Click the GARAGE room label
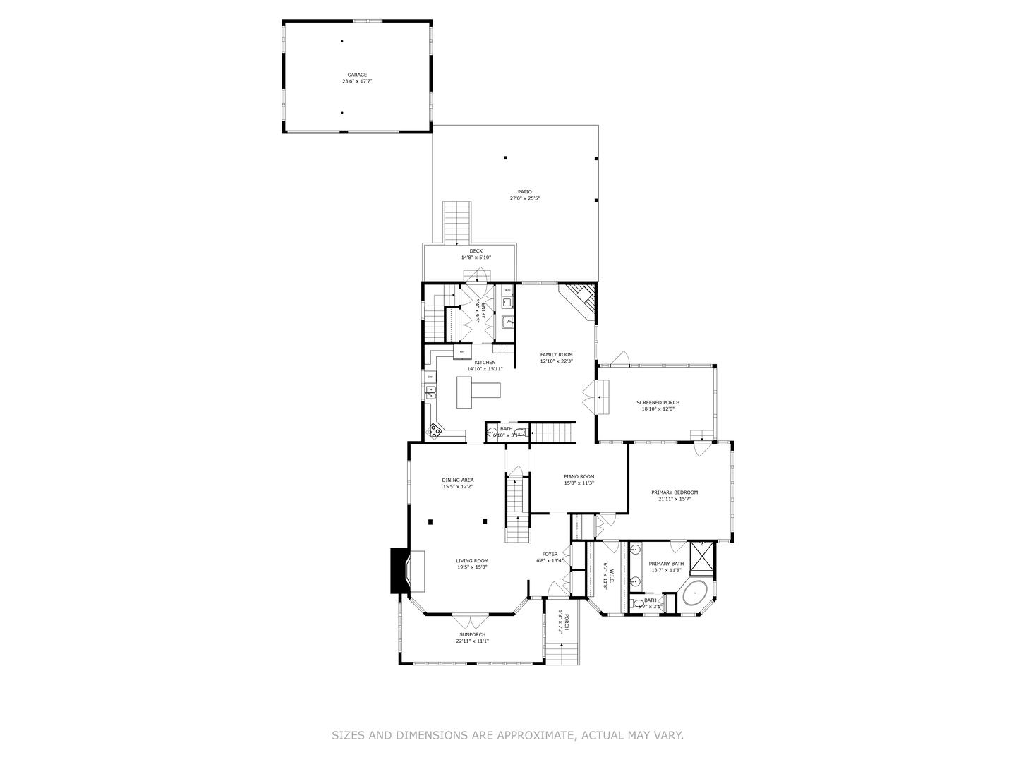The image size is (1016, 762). point(356,75)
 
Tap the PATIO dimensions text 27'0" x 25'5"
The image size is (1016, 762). point(524,198)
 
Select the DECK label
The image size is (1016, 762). point(476,250)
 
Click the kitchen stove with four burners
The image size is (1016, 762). point(435,429)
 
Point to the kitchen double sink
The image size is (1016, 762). point(430,392)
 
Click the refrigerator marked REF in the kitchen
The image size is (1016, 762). point(462,351)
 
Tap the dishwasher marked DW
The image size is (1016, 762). point(430,377)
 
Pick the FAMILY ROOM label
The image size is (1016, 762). point(556,354)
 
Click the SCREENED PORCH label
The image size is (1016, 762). point(658,402)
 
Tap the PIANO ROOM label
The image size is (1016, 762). point(579,477)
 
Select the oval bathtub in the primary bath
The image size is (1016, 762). point(695,594)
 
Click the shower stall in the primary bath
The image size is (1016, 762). point(701,556)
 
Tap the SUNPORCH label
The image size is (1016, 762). point(471,634)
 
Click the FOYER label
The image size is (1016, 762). point(550,554)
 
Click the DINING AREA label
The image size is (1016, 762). point(457,480)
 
